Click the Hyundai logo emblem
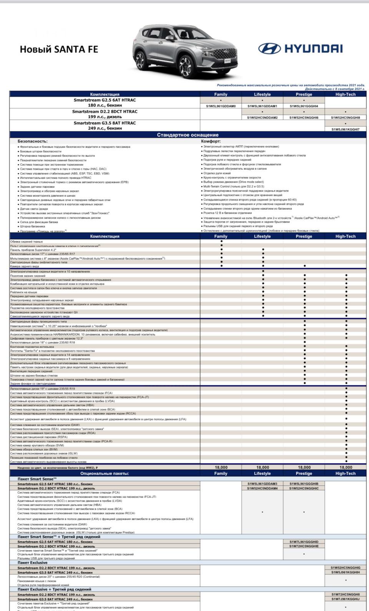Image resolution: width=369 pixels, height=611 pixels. [x=269, y=48]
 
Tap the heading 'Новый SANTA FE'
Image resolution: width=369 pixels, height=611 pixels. [x=59, y=49]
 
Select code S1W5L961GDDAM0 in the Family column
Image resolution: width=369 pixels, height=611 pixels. [x=221, y=106]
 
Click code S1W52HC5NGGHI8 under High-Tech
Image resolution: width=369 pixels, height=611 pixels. [x=345, y=118]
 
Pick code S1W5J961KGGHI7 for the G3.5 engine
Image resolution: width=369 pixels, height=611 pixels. [x=345, y=130]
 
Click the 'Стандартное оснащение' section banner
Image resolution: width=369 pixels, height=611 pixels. [x=188, y=135]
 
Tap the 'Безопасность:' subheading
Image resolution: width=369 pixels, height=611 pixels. [x=33, y=141]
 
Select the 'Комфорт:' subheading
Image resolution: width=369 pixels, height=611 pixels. [x=211, y=141]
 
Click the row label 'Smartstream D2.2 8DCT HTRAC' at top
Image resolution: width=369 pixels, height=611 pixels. [x=105, y=111]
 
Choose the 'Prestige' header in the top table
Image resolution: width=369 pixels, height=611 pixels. [x=304, y=94]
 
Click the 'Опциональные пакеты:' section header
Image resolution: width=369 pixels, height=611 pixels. [x=105, y=473]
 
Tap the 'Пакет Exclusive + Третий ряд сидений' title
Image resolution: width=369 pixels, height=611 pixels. [x=54, y=589]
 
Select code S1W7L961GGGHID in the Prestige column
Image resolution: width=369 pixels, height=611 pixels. [x=304, y=541]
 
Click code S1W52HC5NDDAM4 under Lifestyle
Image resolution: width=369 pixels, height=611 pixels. [x=262, y=488]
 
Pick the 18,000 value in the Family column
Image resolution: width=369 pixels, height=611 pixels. [x=221, y=467]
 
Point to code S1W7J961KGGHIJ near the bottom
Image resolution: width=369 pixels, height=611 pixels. [x=345, y=599]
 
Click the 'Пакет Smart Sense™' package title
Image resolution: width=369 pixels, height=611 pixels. [x=37, y=479]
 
